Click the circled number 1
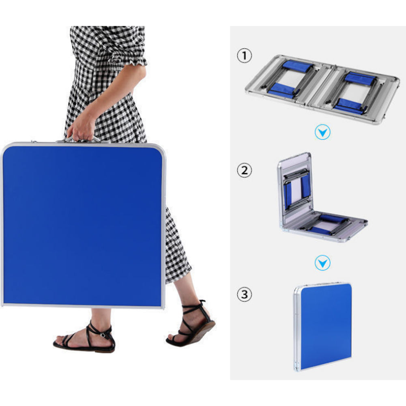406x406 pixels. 245,56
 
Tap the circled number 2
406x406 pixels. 245,170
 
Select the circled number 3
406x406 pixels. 245,294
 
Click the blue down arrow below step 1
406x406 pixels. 322,132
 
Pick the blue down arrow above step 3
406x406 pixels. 322,263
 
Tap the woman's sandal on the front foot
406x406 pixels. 84,337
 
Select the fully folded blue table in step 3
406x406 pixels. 322,327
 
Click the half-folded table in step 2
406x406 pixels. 321,198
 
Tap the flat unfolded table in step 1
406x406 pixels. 322,89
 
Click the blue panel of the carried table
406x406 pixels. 82,225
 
